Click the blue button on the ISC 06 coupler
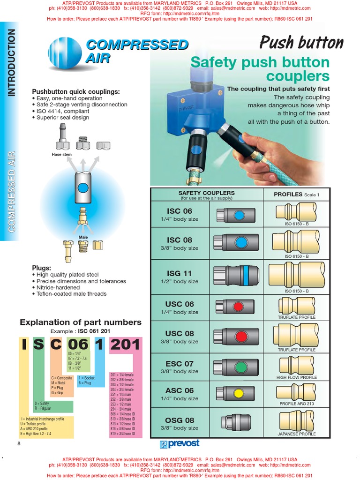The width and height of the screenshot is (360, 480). (x=239, y=215)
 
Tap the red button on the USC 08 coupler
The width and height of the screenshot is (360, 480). (x=240, y=336)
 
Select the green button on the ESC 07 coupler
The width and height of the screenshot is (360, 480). (x=240, y=367)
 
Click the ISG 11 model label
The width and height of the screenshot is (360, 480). (x=180, y=273)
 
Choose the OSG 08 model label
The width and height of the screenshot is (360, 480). (x=180, y=420)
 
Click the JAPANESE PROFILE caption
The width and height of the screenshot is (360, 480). (x=297, y=434)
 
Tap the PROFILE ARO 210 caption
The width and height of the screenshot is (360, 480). (x=297, y=404)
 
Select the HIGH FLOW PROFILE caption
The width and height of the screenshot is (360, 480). (x=297, y=377)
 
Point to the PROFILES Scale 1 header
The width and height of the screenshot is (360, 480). (x=296, y=194)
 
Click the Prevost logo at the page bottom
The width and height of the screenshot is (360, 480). (x=180, y=443)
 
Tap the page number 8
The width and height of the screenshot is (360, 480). (x=19, y=444)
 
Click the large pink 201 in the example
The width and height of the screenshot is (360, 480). (x=125, y=345)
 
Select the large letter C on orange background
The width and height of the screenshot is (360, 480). (x=56, y=345)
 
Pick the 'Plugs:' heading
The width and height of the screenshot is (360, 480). (x=41, y=268)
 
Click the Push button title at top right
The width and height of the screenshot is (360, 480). (x=301, y=43)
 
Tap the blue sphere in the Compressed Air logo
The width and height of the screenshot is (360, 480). (x=65, y=53)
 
